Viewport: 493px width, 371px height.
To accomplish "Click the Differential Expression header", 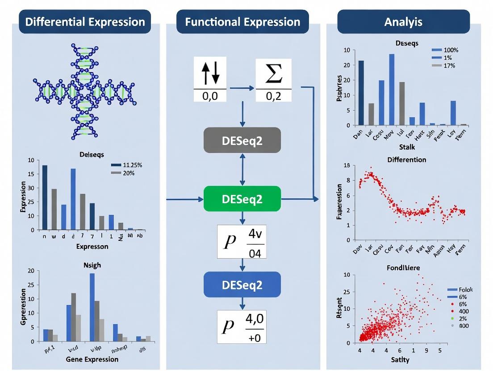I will [x=85, y=22].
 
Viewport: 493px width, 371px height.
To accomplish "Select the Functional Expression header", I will [x=243, y=22].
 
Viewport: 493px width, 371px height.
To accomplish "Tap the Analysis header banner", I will [x=403, y=22].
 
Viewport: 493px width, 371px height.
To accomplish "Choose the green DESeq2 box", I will [x=242, y=199].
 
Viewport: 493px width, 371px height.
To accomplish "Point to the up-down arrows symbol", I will [x=210, y=73].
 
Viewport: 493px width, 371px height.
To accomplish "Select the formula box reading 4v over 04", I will [x=242, y=241].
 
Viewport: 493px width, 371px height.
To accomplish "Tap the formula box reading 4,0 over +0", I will [x=242, y=326].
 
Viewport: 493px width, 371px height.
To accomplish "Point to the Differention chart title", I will [x=407, y=159].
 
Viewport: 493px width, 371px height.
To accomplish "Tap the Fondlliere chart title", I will [x=406, y=268].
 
